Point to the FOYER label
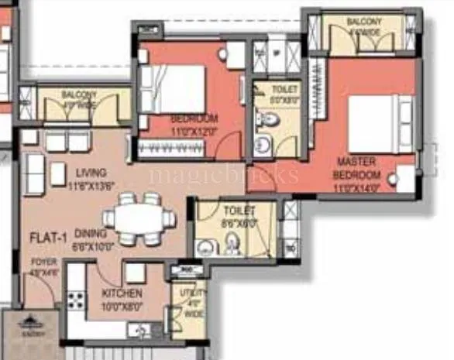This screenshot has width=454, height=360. click(x=43, y=262)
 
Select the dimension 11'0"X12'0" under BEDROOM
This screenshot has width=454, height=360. click(x=194, y=130)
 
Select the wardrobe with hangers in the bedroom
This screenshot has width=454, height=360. click(x=190, y=149)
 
